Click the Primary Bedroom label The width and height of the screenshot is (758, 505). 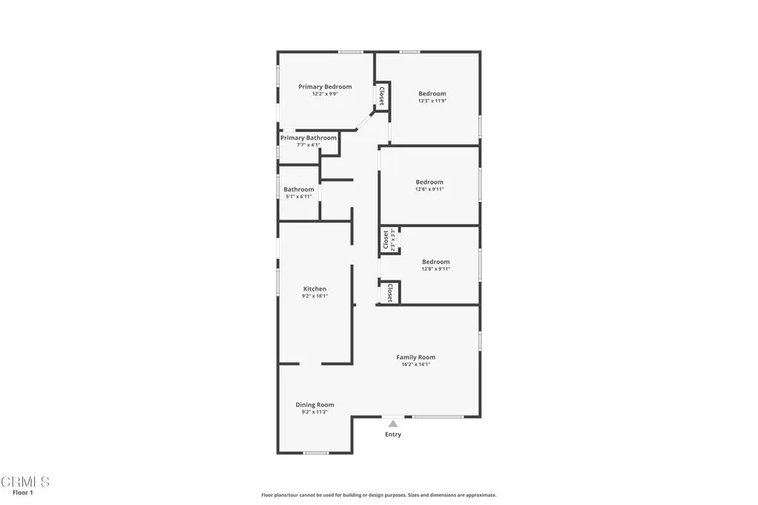coord(325,87)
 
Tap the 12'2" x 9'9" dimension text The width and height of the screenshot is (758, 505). coord(325,95)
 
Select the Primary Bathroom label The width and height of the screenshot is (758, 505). coord(308,138)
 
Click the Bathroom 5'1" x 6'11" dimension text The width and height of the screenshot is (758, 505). coord(298,197)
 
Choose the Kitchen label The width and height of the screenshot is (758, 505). coord(315,289)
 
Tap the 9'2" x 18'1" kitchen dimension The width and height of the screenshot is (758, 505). coord(315,296)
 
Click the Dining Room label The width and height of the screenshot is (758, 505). coord(315,404)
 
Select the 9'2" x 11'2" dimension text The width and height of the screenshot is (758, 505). coord(315,412)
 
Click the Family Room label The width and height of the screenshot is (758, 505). coord(415,357)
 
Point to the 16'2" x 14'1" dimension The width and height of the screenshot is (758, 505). coord(415,365)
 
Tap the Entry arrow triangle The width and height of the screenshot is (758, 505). coord(393,424)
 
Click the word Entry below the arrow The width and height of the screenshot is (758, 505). coord(393,435)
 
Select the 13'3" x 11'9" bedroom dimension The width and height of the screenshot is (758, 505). coord(432,101)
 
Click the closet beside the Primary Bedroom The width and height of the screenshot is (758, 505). coord(382,96)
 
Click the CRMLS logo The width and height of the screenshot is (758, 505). coord(25,482)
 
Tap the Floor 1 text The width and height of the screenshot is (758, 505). coord(23,492)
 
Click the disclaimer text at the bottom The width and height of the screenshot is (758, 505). coord(378,495)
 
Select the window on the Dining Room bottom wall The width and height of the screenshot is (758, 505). coord(316,453)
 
